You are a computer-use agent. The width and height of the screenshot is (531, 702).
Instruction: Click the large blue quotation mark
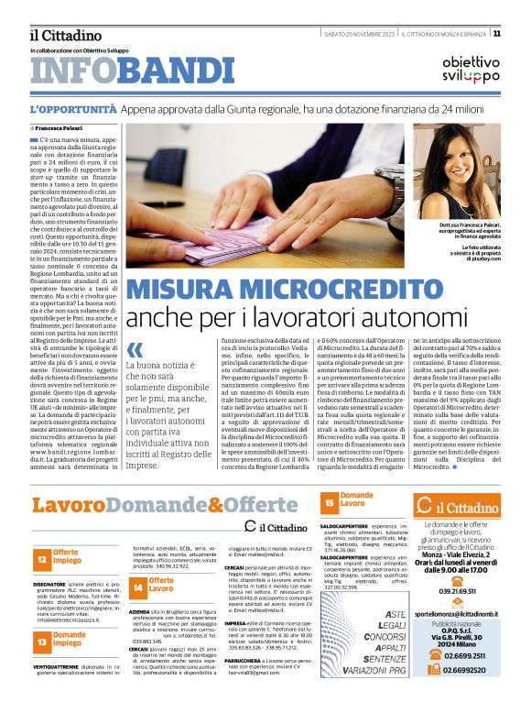pos(135,350)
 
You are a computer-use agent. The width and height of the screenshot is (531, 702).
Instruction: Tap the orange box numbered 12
pos(42,556)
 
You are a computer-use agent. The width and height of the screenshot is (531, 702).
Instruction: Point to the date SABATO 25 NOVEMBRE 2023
pos(360,34)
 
